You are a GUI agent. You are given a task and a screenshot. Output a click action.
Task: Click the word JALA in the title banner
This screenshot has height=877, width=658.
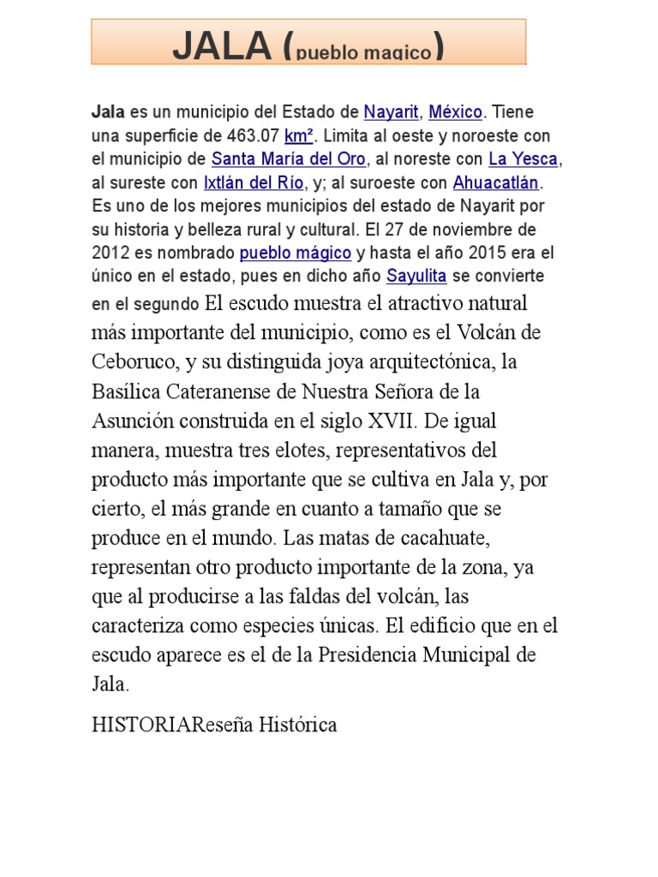222,48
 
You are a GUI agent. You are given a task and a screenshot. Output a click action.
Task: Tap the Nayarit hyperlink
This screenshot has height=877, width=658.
391,112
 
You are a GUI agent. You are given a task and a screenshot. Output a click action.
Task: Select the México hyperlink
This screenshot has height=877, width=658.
456,112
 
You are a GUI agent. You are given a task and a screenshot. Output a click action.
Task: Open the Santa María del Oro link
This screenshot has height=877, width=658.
289,159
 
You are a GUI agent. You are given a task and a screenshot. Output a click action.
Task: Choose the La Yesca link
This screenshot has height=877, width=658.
523,159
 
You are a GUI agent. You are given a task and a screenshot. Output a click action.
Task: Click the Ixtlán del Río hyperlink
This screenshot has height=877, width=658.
254,182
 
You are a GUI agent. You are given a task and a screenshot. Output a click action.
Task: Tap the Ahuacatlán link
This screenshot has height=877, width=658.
497,182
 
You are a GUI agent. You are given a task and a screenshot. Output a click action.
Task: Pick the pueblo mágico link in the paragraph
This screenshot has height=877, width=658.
296,253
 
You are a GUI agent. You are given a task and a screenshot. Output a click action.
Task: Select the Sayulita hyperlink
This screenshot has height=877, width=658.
416,276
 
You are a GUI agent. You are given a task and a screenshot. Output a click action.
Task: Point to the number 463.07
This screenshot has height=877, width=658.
253,136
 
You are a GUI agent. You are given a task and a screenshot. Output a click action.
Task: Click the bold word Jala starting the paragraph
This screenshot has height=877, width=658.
108,112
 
